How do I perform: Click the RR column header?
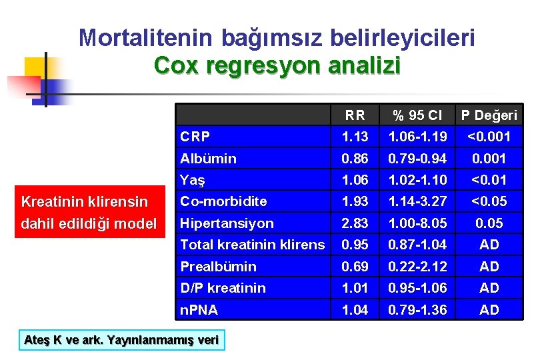click(x=355, y=115)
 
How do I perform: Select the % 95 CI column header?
click(x=417, y=115)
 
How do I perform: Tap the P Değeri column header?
click(x=489, y=115)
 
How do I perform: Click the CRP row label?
click(x=195, y=137)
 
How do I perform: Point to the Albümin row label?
click(x=208, y=159)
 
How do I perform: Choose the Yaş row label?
click(x=193, y=180)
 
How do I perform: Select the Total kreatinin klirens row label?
click(x=252, y=245)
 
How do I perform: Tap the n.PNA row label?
click(x=199, y=309)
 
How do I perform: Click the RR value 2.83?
click(x=355, y=223)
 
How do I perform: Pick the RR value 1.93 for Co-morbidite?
click(x=355, y=201)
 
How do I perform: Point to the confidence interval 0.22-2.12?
click(x=417, y=267)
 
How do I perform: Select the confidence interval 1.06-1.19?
click(x=417, y=137)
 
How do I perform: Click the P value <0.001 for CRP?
click(x=489, y=137)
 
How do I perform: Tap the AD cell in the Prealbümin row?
click(x=489, y=267)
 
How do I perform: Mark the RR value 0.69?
click(x=355, y=267)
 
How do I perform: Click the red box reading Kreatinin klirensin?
click(x=85, y=200)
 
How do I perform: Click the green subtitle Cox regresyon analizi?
click(x=277, y=66)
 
